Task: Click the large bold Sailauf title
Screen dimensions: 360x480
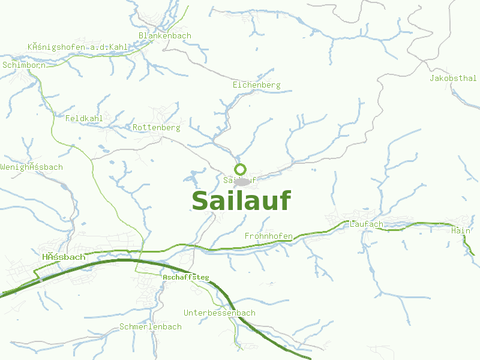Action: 241,201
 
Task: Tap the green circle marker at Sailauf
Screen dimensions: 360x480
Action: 241,169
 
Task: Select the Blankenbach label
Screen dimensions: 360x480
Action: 164,35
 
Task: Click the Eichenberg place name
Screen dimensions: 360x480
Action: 256,85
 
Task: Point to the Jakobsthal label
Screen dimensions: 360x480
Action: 453,79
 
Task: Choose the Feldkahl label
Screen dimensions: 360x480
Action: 84,118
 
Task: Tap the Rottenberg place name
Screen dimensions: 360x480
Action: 156,128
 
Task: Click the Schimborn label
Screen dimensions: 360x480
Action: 24,65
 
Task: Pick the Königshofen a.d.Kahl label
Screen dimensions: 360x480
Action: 77,47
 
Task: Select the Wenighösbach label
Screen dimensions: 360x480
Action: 31,167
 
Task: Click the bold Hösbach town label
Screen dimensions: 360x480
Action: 64,257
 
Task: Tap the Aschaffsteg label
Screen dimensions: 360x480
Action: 186,277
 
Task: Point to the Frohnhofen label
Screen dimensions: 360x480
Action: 268,236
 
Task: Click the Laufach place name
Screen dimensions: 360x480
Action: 365,224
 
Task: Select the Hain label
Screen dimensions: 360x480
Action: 460,230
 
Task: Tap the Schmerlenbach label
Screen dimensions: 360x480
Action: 150,327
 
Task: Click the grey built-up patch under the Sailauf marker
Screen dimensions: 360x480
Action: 242,181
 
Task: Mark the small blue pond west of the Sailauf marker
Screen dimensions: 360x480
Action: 193,178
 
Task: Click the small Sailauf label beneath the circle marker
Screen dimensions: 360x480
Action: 228,179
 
